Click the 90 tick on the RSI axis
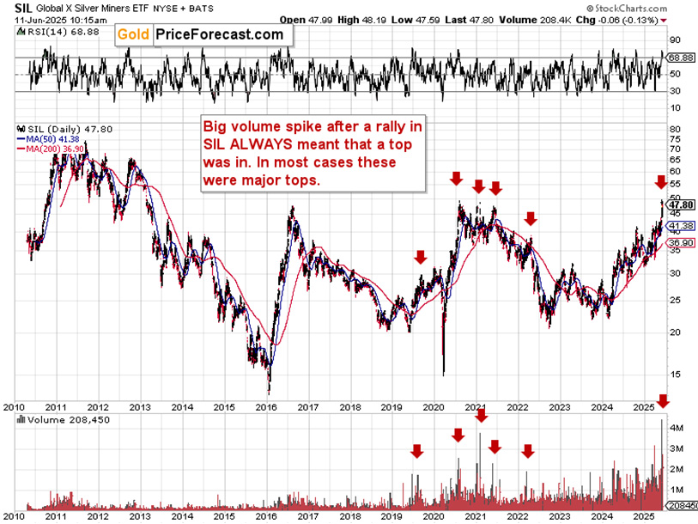pos(675,40)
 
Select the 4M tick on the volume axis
pos(677,427)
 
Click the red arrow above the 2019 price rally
pos(420,257)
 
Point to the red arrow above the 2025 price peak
pos(659,182)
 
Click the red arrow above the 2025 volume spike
pos(662,401)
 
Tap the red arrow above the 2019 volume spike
pos(416,451)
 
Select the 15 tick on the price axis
pos(675,374)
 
